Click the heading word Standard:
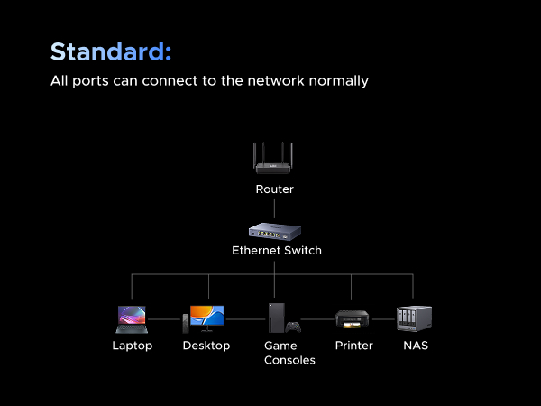tap(110, 51)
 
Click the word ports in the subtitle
tap(91, 80)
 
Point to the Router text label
tap(274, 189)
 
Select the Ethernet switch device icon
tap(274, 230)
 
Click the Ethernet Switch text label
tap(276, 250)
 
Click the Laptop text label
tap(132, 346)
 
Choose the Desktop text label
tap(206, 346)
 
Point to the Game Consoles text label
tap(289, 353)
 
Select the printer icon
tap(352, 318)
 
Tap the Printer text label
tap(353, 346)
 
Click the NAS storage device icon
tap(414, 318)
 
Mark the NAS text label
tap(416, 346)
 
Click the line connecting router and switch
tap(274, 208)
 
